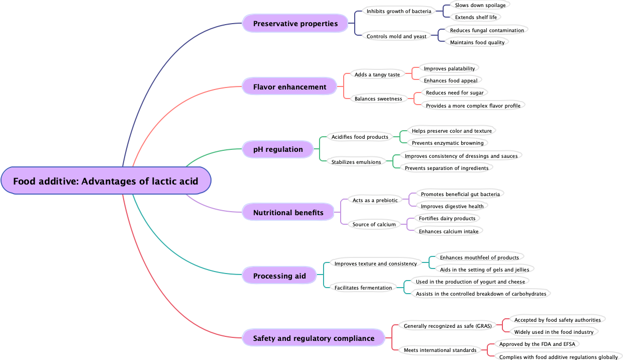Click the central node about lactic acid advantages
(x=106, y=181)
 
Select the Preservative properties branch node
(x=295, y=24)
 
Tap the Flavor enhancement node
(x=289, y=87)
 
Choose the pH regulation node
(x=278, y=149)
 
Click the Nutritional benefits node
(x=288, y=213)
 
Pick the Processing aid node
(x=279, y=276)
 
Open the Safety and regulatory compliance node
(x=314, y=338)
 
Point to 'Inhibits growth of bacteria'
(x=399, y=11)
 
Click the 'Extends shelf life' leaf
(x=475, y=17)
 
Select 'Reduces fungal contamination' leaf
(x=486, y=30)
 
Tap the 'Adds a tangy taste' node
(x=377, y=74)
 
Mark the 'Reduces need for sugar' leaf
(x=454, y=93)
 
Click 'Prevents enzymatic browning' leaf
(x=447, y=143)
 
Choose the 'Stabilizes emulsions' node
(x=356, y=162)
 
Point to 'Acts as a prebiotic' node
(x=375, y=200)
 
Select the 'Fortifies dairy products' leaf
(x=447, y=218)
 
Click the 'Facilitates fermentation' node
(x=363, y=288)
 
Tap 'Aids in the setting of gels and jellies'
(x=484, y=269)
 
